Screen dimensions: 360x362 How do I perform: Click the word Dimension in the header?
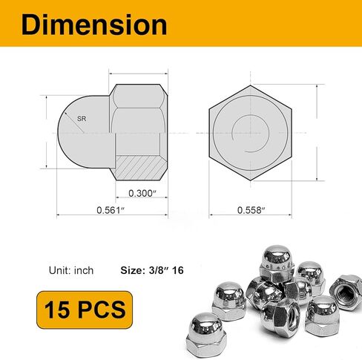coord(94,24)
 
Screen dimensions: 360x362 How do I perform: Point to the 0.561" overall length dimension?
coord(109,210)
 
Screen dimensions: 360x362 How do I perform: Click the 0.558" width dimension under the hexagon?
coord(252,210)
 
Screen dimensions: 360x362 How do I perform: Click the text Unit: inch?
coord(70,270)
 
